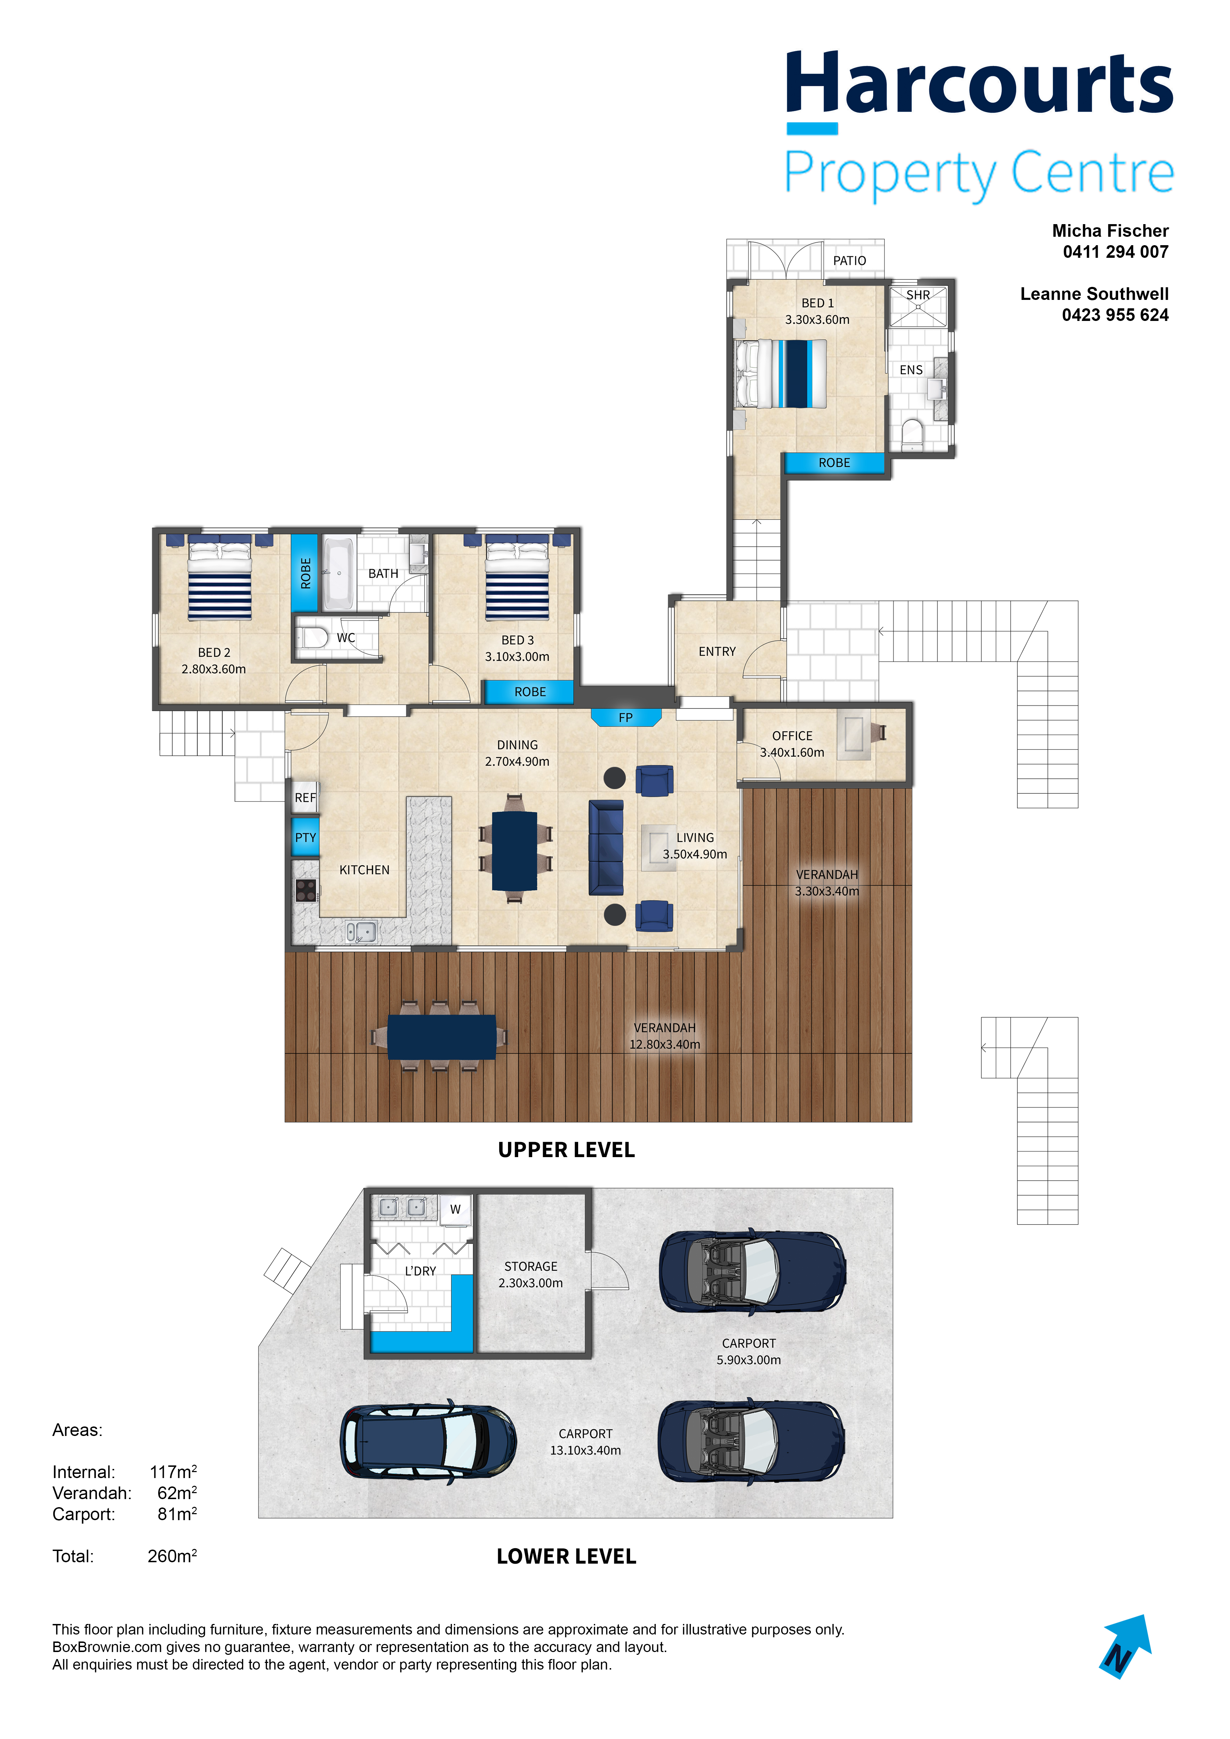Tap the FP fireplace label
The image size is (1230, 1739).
click(626, 717)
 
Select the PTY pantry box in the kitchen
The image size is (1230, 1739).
click(305, 837)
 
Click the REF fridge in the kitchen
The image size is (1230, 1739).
click(305, 797)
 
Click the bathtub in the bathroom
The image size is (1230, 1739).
click(339, 573)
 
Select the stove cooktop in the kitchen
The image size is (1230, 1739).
click(305, 890)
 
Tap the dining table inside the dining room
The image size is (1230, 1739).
click(515, 851)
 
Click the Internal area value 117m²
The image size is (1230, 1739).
click(173, 1472)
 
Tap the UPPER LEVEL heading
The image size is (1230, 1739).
click(567, 1150)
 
